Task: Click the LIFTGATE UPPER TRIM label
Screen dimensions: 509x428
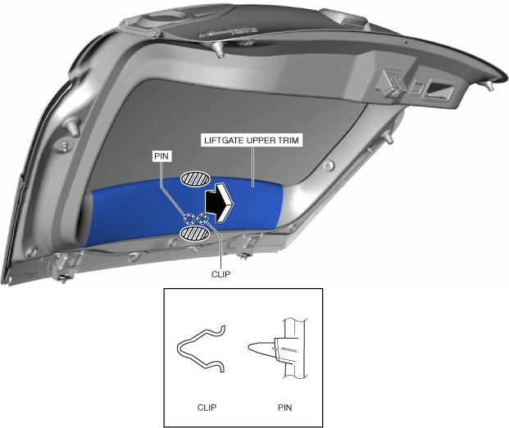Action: (252, 141)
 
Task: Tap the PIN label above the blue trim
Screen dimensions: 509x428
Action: (161, 156)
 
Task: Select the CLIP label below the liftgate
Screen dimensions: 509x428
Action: (220, 274)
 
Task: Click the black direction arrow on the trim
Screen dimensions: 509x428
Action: (219, 202)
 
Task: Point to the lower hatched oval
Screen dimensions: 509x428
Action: (195, 233)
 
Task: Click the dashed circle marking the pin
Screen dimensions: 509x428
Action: (189, 219)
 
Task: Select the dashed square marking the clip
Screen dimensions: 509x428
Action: (203, 219)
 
